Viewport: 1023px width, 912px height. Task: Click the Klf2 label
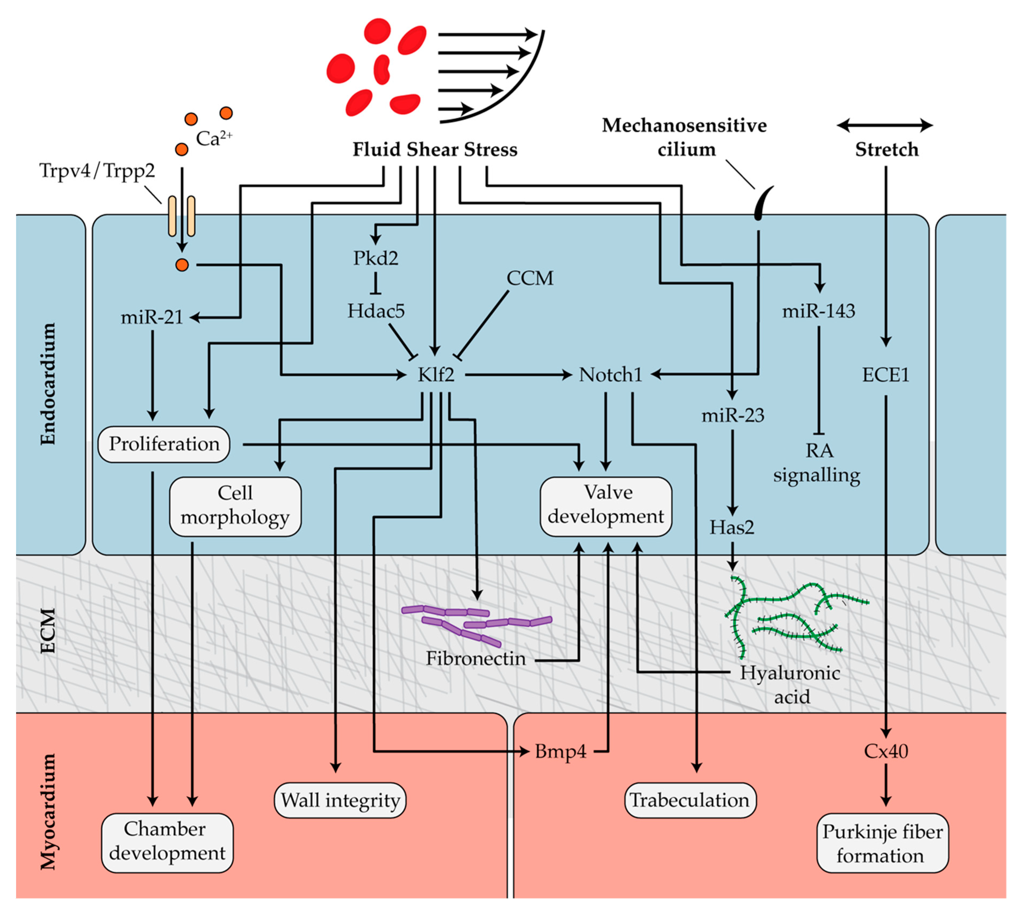point(436,375)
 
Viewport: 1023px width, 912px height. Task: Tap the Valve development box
point(606,506)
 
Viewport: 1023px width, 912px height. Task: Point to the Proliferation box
point(164,444)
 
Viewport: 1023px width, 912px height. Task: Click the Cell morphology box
point(235,506)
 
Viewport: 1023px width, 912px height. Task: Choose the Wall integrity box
point(340,800)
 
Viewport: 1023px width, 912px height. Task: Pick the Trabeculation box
point(690,800)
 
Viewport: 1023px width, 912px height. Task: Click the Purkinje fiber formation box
point(882,843)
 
